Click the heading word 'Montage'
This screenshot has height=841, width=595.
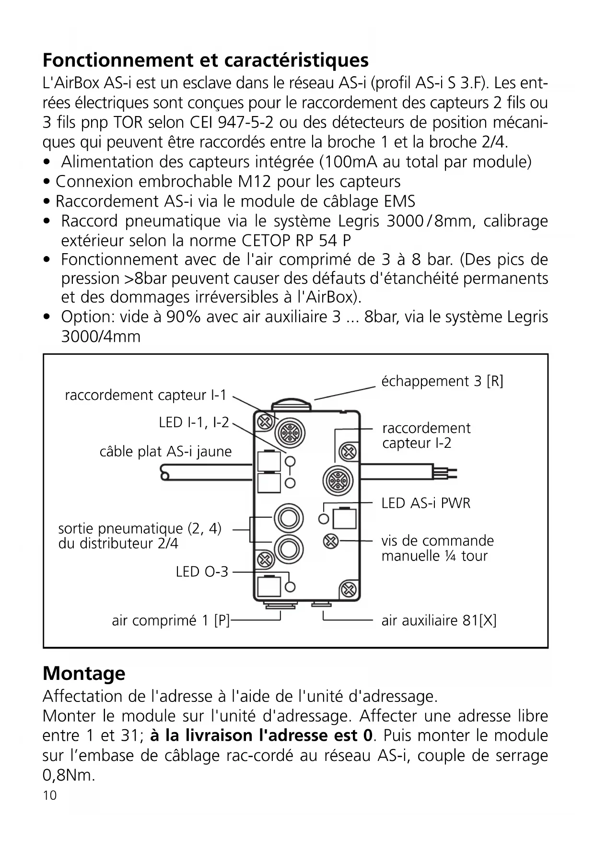84,674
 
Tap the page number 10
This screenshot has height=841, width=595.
49,795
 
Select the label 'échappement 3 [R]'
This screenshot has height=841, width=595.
442,382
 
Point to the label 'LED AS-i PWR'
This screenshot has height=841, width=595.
426,503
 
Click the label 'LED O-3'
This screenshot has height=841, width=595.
202,572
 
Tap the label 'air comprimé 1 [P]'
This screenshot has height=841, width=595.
171,621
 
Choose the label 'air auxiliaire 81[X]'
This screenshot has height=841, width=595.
439,621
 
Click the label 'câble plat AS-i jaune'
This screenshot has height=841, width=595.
165,452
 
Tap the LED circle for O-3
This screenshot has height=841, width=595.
290,587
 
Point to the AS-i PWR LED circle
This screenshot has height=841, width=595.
324,519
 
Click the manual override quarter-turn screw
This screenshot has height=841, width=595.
330,541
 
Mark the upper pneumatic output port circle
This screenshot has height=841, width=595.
289,518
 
